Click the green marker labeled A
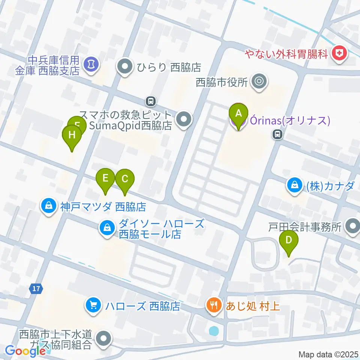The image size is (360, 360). [238, 113]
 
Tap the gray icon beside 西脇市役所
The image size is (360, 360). [258, 81]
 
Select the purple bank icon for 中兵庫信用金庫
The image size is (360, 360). [90, 64]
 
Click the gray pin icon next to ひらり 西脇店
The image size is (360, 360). [124, 67]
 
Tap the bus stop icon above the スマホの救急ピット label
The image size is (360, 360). [150, 100]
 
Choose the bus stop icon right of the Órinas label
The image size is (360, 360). [277, 133]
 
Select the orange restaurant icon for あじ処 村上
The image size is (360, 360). [213, 304]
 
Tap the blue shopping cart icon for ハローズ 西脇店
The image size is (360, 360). [92, 305]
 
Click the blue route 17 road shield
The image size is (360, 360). [36, 289]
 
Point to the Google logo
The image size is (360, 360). [25, 351]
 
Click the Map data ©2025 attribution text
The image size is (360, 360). [328, 354]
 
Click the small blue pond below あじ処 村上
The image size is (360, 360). [213, 331]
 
